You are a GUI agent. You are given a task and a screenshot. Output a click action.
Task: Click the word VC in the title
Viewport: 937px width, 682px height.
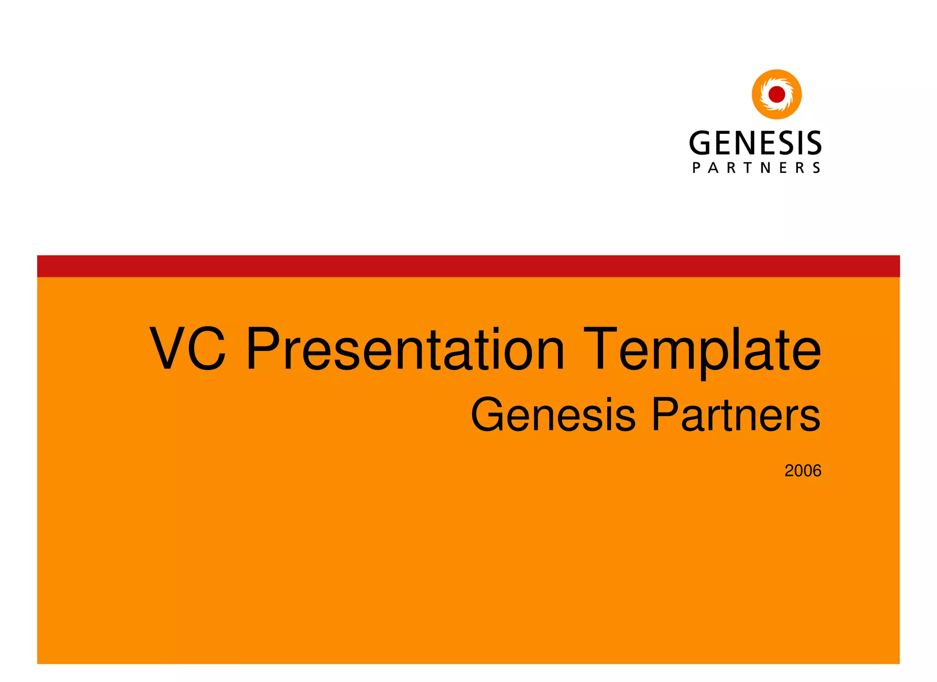pos(188,348)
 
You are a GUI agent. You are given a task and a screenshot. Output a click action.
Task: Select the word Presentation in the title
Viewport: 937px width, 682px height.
pos(405,348)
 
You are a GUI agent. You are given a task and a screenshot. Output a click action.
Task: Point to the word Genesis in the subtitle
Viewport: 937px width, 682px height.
pos(553,415)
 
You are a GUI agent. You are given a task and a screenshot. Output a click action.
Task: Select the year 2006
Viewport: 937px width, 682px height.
pos(802,471)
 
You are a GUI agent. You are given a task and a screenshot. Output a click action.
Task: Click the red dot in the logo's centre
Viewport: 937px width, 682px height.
pos(776,95)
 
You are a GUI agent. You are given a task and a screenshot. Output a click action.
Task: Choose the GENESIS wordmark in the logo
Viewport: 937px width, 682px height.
pos(755,143)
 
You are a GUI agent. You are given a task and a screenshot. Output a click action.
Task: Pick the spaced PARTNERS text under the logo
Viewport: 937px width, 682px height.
pos(756,168)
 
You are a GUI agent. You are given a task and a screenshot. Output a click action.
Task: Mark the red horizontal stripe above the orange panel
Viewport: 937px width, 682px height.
pos(468,266)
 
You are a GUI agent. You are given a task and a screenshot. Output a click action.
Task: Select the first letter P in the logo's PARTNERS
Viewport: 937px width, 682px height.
pos(696,168)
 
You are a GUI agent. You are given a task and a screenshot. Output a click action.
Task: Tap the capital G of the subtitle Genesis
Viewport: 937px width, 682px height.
pos(488,415)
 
